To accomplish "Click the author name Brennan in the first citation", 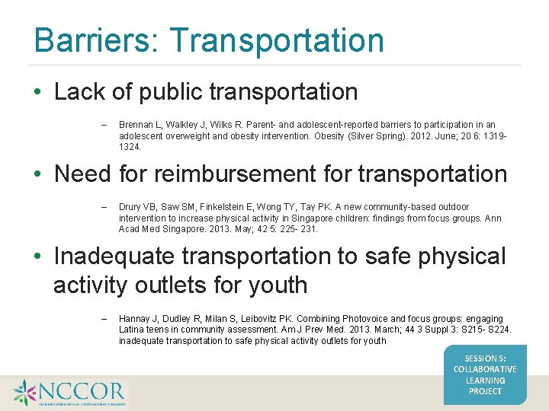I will [x=136, y=125].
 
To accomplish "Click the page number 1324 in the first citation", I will [x=129, y=146].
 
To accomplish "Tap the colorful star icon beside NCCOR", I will [x=25, y=393].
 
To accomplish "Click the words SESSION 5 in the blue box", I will [x=485, y=358].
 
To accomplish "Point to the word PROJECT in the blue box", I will [x=485, y=391].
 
